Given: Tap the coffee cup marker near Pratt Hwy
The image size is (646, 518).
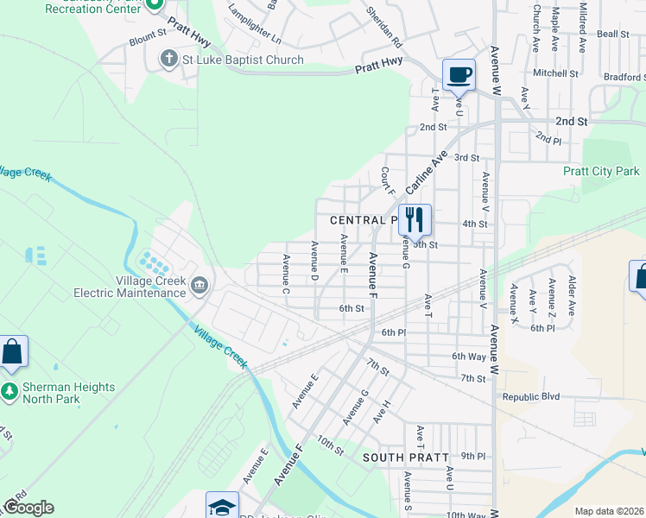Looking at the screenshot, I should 459,74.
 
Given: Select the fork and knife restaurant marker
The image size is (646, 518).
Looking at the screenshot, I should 415,219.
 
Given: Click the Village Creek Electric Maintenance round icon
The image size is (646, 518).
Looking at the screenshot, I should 199,286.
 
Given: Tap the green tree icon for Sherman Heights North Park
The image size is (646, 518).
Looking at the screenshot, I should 9,388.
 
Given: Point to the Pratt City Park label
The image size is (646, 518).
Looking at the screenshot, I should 601,172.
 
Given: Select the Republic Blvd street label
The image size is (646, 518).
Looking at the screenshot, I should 531,397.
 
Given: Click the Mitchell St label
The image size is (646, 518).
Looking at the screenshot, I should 554,73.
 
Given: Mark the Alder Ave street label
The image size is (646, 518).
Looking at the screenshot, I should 571,295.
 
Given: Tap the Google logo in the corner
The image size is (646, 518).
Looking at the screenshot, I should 28,508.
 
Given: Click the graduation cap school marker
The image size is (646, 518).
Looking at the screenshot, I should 222,506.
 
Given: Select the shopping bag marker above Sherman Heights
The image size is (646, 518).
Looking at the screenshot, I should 13,351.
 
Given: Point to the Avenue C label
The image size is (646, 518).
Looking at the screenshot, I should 285,274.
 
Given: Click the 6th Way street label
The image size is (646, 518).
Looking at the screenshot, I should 469,357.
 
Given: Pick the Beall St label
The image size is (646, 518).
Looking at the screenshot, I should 612,34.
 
